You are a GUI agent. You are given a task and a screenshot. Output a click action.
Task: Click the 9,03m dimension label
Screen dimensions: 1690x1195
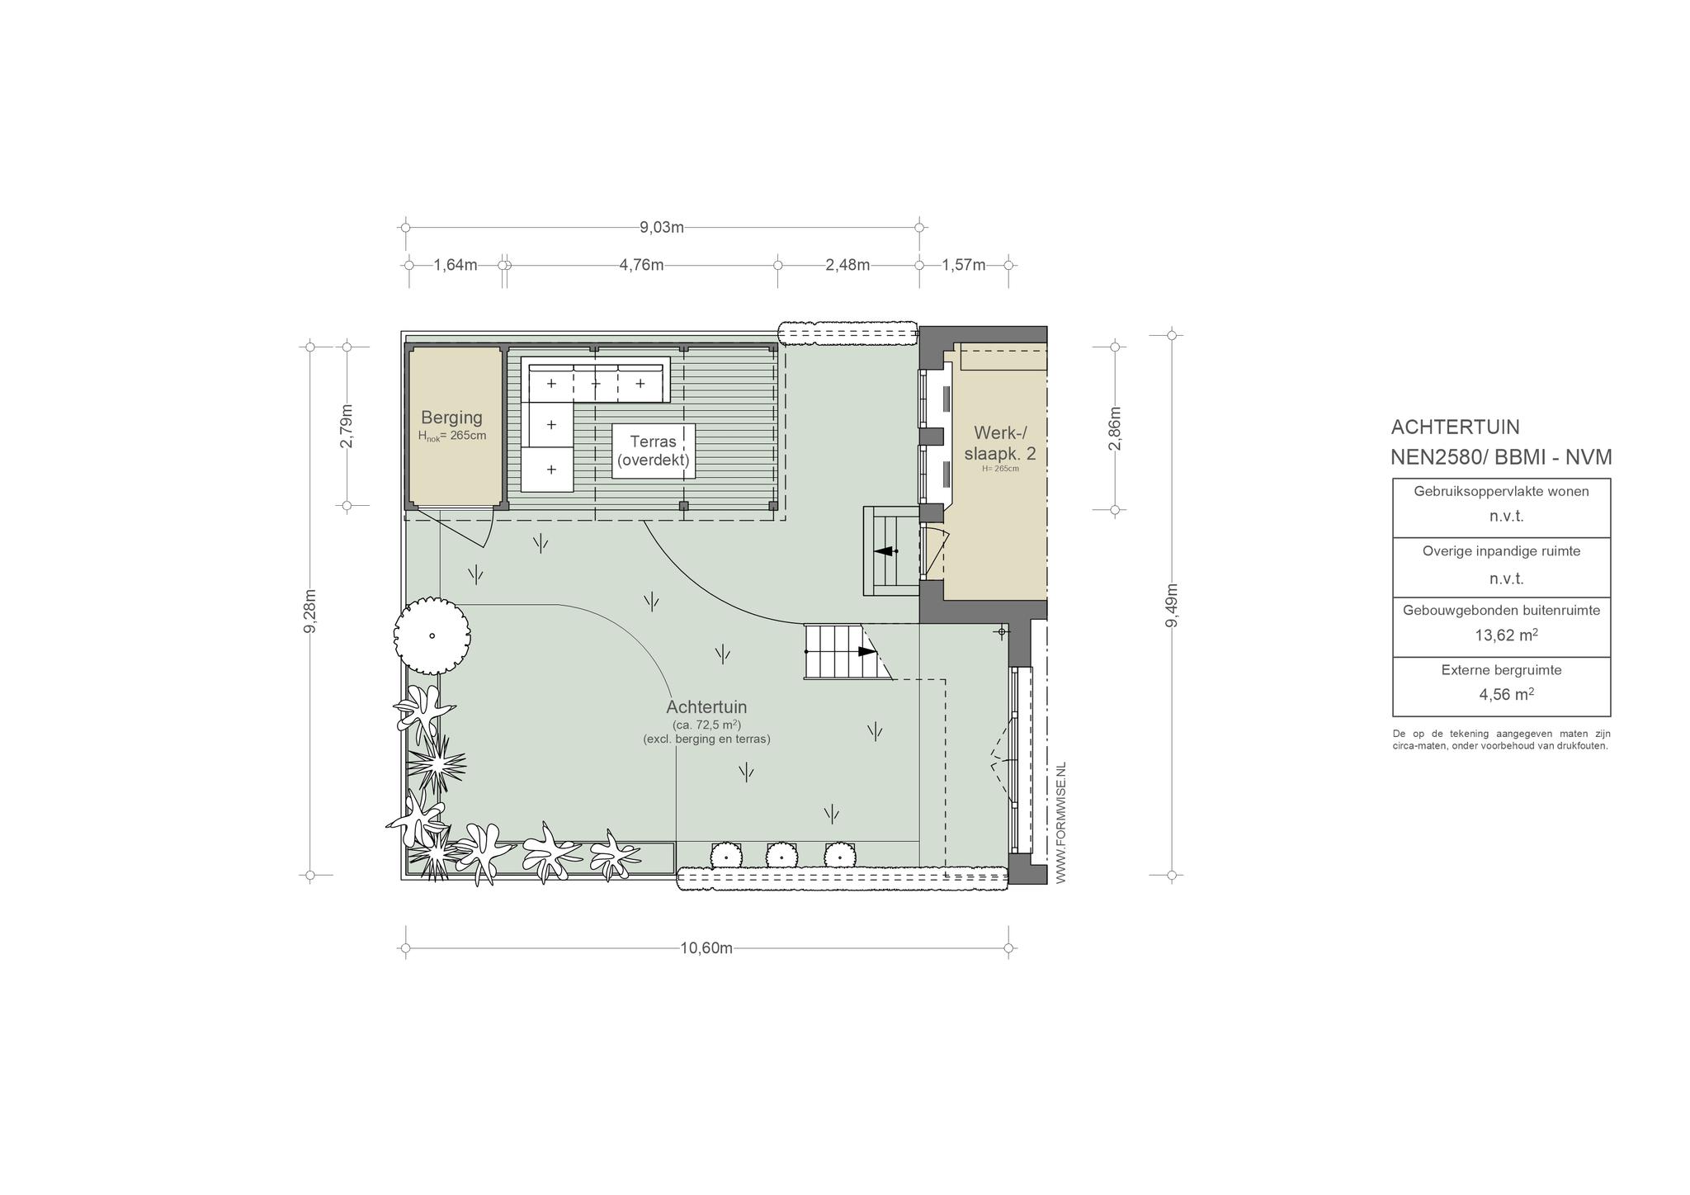tap(662, 227)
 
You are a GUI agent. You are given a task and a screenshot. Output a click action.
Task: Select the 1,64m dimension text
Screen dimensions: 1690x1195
tap(456, 265)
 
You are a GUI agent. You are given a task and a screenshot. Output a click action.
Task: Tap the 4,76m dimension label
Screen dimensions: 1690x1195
tap(641, 265)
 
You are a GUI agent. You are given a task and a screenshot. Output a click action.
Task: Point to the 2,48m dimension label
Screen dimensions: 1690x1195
tap(847, 265)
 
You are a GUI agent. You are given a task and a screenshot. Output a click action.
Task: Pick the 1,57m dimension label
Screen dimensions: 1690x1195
tap(964, 265)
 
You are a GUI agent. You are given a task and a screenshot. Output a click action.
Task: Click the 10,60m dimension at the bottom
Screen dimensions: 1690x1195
tap(706, 947)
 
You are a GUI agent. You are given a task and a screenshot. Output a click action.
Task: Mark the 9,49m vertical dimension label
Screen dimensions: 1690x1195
tap(1171, 606)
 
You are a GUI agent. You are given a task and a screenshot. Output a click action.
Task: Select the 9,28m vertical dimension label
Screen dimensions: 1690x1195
tap(310, 611)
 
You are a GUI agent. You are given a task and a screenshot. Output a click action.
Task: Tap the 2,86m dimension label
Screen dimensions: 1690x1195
tap(1115, 428)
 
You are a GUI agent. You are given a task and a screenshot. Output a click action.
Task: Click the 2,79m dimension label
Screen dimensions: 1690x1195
tap(347, 426)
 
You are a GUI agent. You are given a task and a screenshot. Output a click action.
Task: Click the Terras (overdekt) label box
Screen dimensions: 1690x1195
tap(654, 451)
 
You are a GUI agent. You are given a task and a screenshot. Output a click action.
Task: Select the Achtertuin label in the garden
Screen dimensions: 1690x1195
tap(706, 707)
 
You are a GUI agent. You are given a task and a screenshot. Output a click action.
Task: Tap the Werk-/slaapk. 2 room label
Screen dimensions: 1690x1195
tap(1000, 443)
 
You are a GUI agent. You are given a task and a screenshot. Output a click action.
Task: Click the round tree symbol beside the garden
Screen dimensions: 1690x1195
tap(432, 635)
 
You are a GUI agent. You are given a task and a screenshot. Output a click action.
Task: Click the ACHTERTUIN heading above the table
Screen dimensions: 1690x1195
tap(1456, 427)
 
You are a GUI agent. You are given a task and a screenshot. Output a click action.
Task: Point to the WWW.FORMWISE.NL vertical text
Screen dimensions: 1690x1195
tap(1061, 823)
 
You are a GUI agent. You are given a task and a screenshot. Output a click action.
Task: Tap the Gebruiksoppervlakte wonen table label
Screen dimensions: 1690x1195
tap(1501, 491)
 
